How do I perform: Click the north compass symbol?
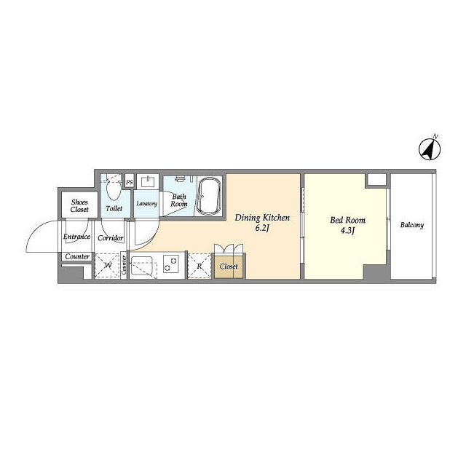pos(430,149)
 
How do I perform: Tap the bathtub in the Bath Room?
pos(209,196)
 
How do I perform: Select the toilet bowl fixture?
pos(114,189)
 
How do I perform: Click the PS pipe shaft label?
pos(130,182)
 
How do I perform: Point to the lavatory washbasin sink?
pos(147,181)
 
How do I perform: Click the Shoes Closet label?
pos(79,205)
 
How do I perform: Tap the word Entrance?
pos(76,237)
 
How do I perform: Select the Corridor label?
pos(110,238)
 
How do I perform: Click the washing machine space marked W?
pos(108,265)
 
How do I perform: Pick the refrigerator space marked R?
pos(200,266)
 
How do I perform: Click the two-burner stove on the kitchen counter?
pos(171,264)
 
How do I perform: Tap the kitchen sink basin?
pos(142,266)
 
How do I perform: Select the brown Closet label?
pos(229,266)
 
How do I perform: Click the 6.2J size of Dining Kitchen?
pos(262,228)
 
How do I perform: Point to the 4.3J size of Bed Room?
pos(348,231)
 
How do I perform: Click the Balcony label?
pos(412,225)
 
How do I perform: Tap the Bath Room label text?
pos(179,200)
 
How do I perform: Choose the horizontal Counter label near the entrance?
pos(77,256)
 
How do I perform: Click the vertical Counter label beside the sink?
pos(124,265)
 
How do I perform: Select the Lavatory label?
pos(146,204)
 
